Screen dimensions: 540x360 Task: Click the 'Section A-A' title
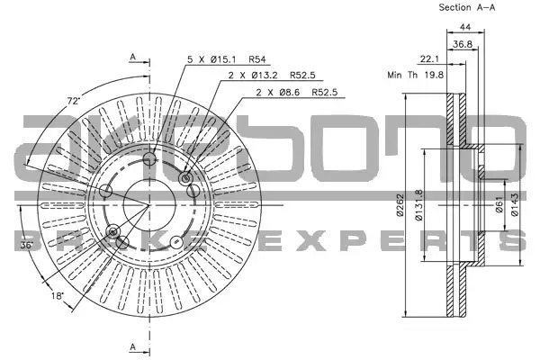[x=466, y=7]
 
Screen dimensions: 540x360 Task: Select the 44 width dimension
[x=465, y=27]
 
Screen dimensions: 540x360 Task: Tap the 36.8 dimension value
[x=463, y=44]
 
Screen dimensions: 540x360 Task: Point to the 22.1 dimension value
[x=429, y=58]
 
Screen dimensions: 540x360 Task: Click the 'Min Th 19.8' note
[x=415, y=75]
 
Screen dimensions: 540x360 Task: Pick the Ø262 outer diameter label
[x=400, y=205]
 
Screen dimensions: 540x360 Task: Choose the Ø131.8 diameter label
[x=418, y=205]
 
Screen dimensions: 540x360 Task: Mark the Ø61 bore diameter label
[x=499, y=204]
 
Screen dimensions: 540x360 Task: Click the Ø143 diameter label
[x=515, y=204]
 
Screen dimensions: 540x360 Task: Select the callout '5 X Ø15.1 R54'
[x=227, y=59]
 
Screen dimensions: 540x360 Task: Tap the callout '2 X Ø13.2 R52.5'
[x=272, y=75]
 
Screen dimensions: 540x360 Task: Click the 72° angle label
[x=74, y=101]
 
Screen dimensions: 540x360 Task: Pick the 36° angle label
[x=26, y=246]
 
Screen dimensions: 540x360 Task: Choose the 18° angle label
[x=58, y=295]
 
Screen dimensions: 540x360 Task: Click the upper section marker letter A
[x=133, y=58]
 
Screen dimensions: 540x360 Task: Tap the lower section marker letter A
[x=133, y=347]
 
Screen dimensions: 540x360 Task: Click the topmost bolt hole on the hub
[x=149, y=158]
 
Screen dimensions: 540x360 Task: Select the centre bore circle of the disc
[x=149, y=205]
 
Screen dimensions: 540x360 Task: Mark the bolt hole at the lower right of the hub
[x=176, y=242]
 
